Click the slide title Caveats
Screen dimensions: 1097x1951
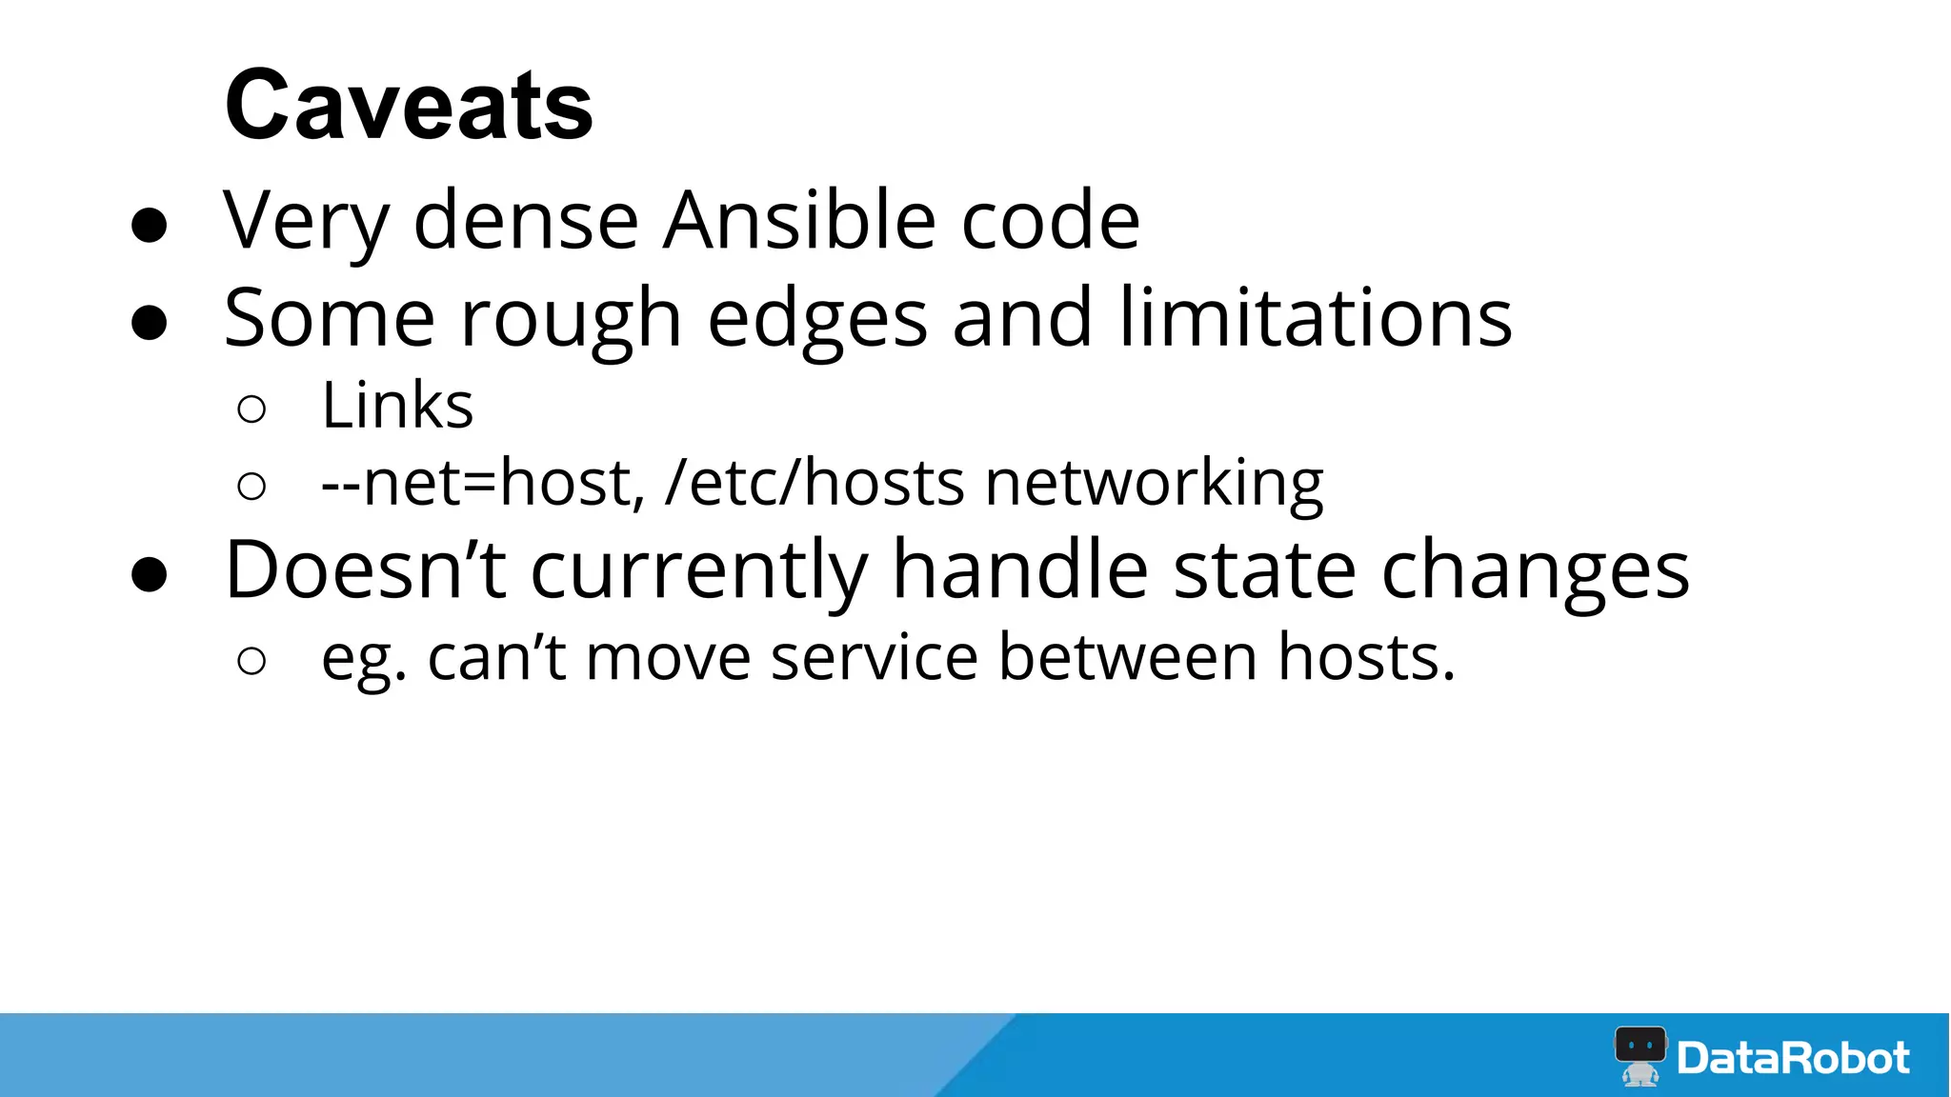point(409,106)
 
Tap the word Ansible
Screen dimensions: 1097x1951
point(799,220)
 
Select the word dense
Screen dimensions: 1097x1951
point(526,220)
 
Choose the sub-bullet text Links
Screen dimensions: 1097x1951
point(397,406)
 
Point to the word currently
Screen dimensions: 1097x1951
point(698,571)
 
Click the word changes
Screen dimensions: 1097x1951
point(1535,571)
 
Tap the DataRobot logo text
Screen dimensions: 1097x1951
point(1792,1058)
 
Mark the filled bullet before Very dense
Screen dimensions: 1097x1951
point(150,226)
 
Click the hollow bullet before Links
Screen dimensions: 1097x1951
point(251,409)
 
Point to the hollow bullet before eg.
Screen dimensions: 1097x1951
point(251,661)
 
